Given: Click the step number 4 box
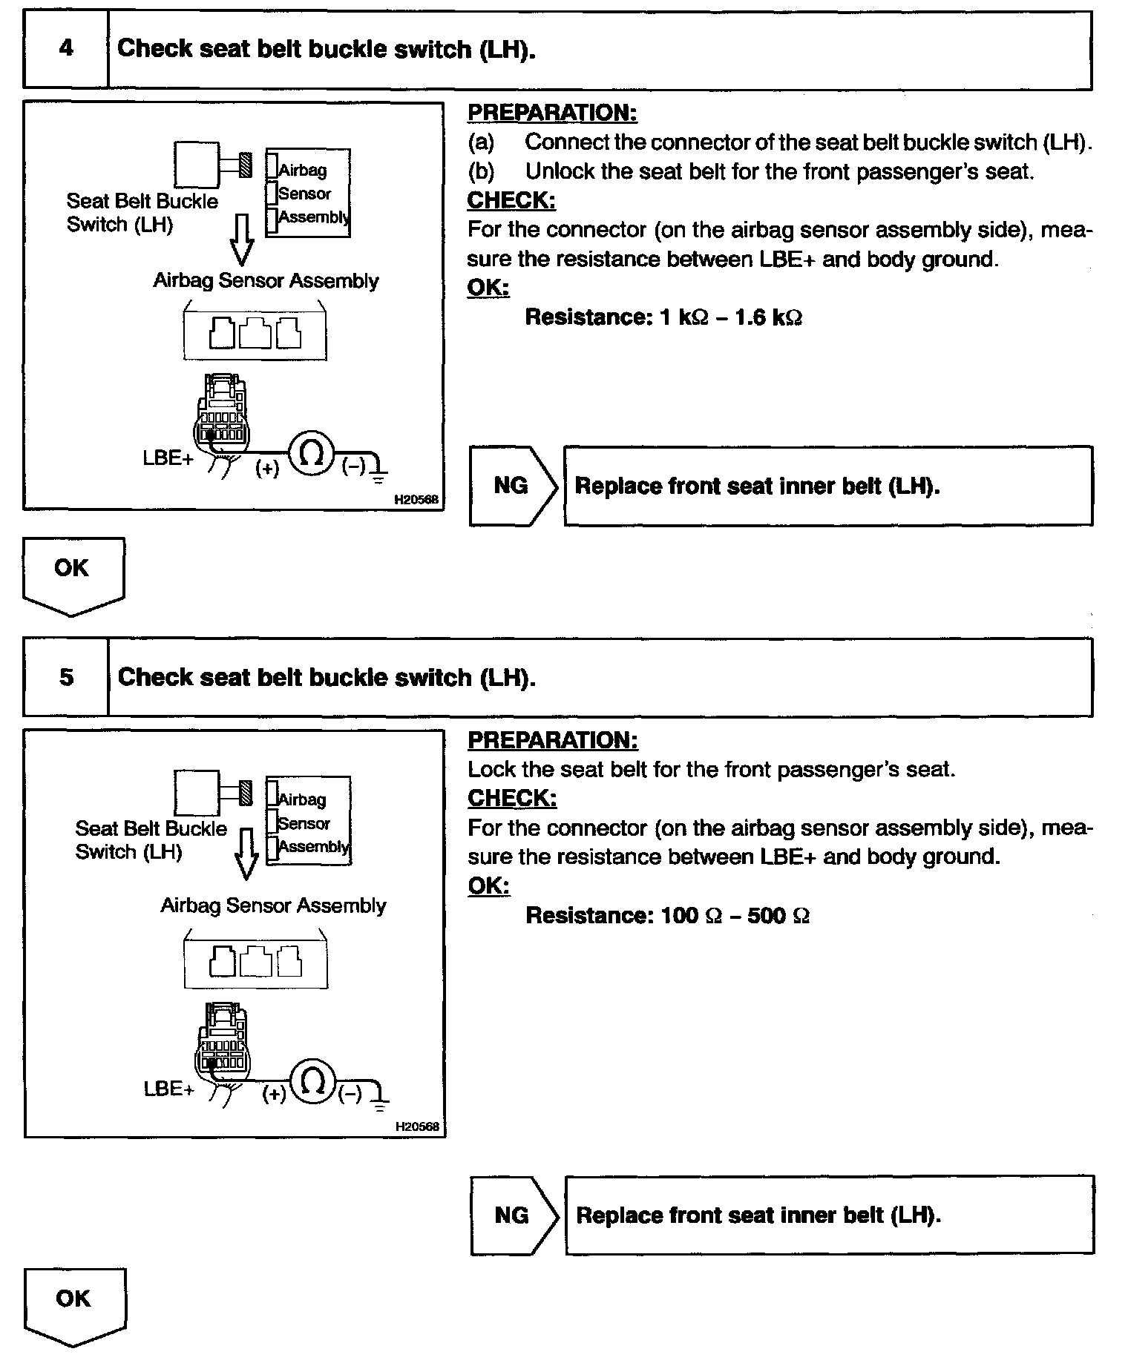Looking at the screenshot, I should pos(66,49).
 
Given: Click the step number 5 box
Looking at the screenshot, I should pos(66,677).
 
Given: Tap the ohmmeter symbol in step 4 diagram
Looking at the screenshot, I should pos(312,455).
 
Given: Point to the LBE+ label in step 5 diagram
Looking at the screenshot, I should pos(168,1089).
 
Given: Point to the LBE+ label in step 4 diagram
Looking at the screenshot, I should pos(168,458).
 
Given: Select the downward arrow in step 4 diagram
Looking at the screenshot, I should pos(242,241).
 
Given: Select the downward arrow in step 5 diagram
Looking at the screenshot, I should pos(246,854).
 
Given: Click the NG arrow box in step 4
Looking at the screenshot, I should pos(511,486).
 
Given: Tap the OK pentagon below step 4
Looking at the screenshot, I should pos(72,573).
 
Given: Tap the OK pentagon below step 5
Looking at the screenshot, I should pos(73,1304).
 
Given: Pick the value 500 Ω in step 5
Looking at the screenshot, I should pos(778,915).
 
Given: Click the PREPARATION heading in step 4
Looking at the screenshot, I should pos(552,113).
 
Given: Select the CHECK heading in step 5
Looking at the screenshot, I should pos(512,798).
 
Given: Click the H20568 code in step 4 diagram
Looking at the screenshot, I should pos(416,500).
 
